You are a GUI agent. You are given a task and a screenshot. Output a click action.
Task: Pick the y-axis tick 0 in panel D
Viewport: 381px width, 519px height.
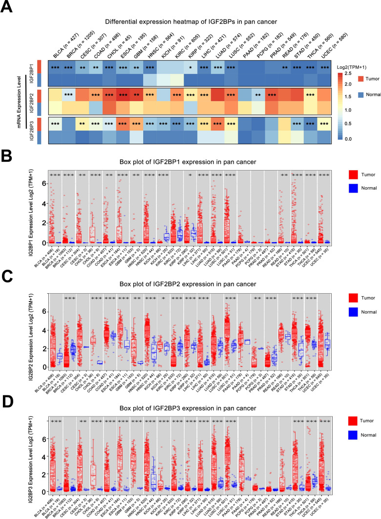tap(43, 489)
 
